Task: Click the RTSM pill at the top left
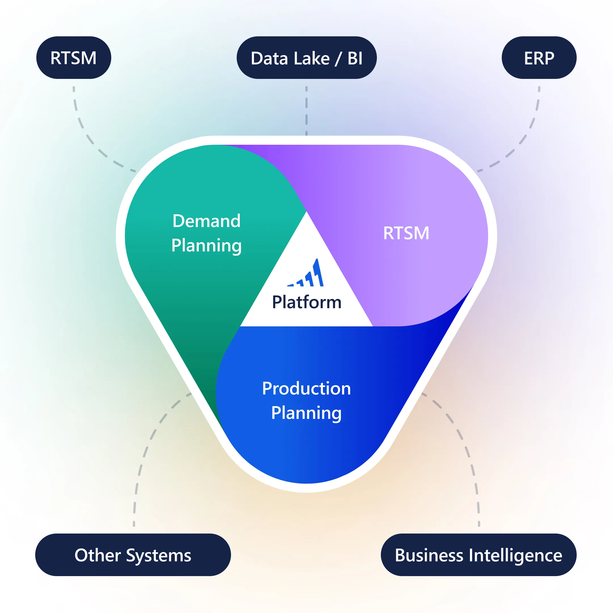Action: [74, 58]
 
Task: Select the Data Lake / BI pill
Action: [306, 58]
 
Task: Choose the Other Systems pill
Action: [133, 555]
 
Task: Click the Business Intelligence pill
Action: [478, 555]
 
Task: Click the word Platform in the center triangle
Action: [306, 302]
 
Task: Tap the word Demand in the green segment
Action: [206, 221]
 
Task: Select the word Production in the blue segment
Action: [306, 388]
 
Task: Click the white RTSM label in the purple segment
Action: [406, 233]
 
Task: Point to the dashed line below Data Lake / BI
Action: [306, 111]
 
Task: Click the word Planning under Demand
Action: [206, 245]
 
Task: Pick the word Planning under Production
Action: [306, 413]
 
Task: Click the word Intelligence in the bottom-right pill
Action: [515, 555]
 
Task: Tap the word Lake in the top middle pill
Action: [312, 58]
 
